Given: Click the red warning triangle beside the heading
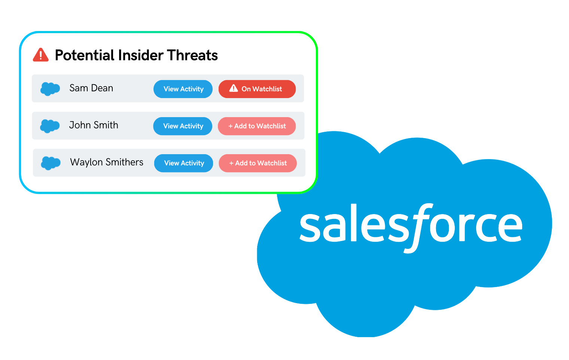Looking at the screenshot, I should [x=41, y=55].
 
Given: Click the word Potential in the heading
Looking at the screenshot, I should [x=85, y=55].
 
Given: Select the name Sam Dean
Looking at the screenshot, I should [x=91, y=88].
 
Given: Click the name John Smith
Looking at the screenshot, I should [x=94, y=125].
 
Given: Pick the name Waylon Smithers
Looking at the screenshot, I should [x=107, y=162].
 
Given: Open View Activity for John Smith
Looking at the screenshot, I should [x=183, y=126].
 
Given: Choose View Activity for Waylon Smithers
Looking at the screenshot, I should [x=184, y=163].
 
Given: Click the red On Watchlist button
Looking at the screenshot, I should [x=257, y=89].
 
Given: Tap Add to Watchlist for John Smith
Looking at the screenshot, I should [x=257, y=126].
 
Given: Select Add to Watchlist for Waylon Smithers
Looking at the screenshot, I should [x=258, y=163].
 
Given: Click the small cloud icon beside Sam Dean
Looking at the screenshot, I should [x=50, y=89].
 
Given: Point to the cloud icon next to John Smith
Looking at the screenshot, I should [x=50, y=126].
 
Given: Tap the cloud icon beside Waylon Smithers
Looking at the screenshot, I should [x=51, y=163].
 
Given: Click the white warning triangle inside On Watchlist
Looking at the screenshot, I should [x=234, y=88].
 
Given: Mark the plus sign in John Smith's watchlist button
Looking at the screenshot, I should [x=231, y=126].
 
